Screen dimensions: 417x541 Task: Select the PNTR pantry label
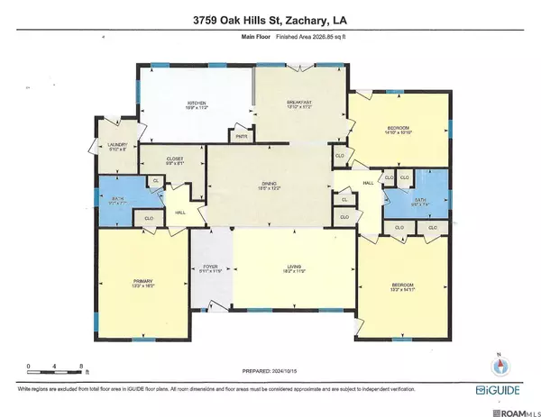(241, 137)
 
